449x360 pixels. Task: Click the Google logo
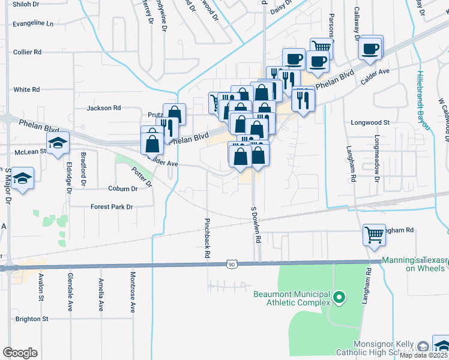tap(20, 353)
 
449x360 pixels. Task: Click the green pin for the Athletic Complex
tap(339, 298)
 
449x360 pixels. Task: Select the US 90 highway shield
tap(231, 264)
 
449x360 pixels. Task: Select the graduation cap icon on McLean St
tap(58, 143)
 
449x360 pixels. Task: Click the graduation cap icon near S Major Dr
tap(23, 178)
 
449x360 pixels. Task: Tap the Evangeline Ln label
tap(33, 24)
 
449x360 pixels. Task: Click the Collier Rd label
tap(27, 52)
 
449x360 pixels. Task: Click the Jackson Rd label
tap(104, 108)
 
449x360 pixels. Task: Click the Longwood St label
tap(370, 122)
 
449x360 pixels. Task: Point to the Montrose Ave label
tap(133, 292)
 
